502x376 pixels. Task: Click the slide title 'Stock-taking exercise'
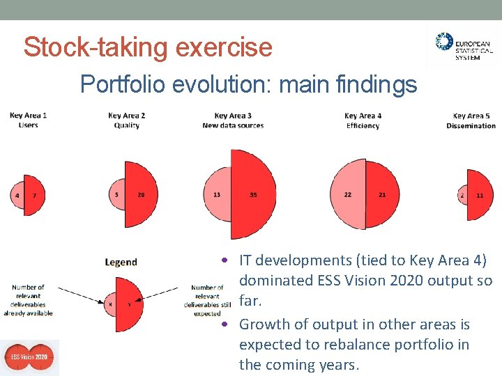click(x=148, y=47)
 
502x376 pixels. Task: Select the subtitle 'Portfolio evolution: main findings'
click(x=248, y=84)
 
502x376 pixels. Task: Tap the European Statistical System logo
click(x=464, y=47)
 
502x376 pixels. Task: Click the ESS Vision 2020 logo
click(x=29, y=358)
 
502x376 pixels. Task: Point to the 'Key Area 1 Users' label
click(x=29, y=120)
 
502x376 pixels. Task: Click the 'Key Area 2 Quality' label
click(x=126, y=120)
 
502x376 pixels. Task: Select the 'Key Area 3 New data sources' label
click(x=233, y=120)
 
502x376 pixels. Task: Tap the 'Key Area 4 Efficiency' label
click(x=363, y=120)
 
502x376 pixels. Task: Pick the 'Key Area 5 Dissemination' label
click(x=471, y=120)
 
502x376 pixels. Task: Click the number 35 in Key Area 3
click(x=253, y=195)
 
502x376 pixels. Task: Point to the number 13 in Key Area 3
click(x=217, y=195)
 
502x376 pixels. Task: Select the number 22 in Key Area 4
click(x=347, y=195)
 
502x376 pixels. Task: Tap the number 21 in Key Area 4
click(x=381, y=195)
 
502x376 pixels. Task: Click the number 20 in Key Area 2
click(x=141, y=195)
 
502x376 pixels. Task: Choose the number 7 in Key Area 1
click(x=34, y=196)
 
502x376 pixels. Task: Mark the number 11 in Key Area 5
click(x=480, y=196)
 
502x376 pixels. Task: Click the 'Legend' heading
click(x=121, y=263)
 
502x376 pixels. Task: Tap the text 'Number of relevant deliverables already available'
click(x=28, y=300)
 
